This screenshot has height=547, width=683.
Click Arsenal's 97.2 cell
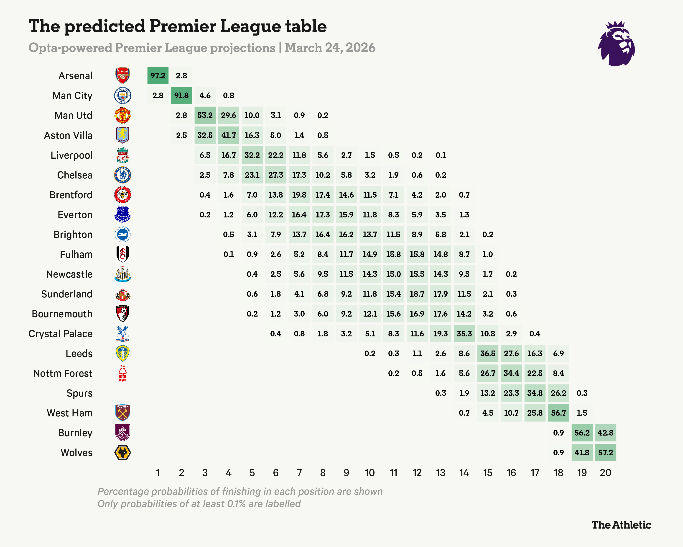point(158,76)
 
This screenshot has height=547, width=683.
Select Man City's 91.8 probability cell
point(181,95)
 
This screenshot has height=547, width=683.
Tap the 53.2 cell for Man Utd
point(205,115)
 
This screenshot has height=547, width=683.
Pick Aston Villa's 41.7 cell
point(228,135)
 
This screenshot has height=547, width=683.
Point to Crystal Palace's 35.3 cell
point(464,334)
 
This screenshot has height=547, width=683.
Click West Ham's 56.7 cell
point(558,413)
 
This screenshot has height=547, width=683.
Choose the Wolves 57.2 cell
point(605,452)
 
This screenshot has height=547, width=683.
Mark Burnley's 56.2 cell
point(582,433)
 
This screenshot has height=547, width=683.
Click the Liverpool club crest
point(122,155)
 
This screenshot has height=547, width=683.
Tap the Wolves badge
point(122,452)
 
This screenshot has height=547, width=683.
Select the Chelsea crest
point(122,175)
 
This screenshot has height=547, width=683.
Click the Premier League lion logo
point(616,44)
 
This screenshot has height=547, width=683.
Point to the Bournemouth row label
point(62,314)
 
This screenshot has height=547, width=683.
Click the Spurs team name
point(79,393)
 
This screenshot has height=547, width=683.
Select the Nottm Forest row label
point(63,373)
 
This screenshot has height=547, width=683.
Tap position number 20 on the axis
point(605,473)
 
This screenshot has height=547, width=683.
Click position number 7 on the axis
point(299,473)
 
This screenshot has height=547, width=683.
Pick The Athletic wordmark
point(621,525)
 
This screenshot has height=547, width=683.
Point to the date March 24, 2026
point(330,48)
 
